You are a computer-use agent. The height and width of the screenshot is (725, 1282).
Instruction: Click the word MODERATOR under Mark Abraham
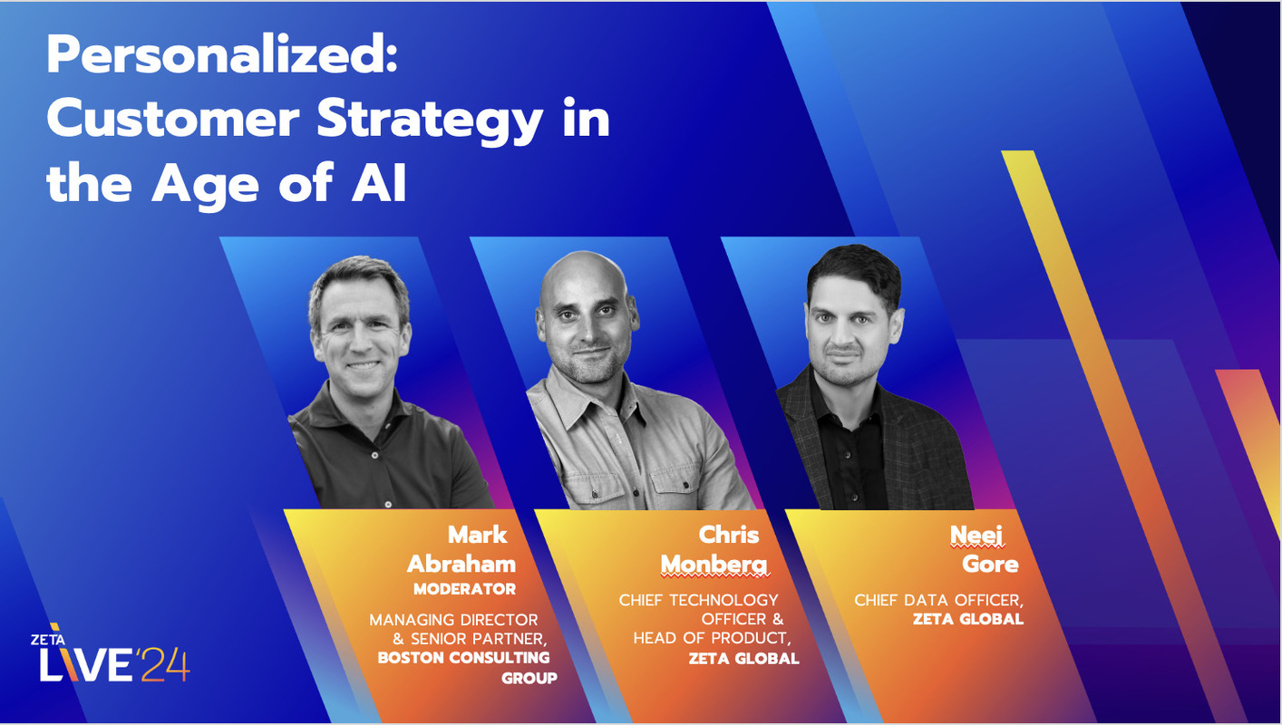pos(464,589)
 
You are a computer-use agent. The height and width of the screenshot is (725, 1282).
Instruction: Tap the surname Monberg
pos(714,565)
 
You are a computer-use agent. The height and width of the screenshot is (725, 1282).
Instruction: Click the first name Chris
pos(728,535)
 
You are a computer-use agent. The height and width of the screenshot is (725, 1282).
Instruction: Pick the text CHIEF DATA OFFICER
pos(938,600)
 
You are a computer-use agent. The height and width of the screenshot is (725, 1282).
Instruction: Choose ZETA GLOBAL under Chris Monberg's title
pos(743,659)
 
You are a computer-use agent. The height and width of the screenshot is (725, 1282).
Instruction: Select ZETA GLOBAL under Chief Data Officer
pos(967,620)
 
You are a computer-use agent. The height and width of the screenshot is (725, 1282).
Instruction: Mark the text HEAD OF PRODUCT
pos(707,639)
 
